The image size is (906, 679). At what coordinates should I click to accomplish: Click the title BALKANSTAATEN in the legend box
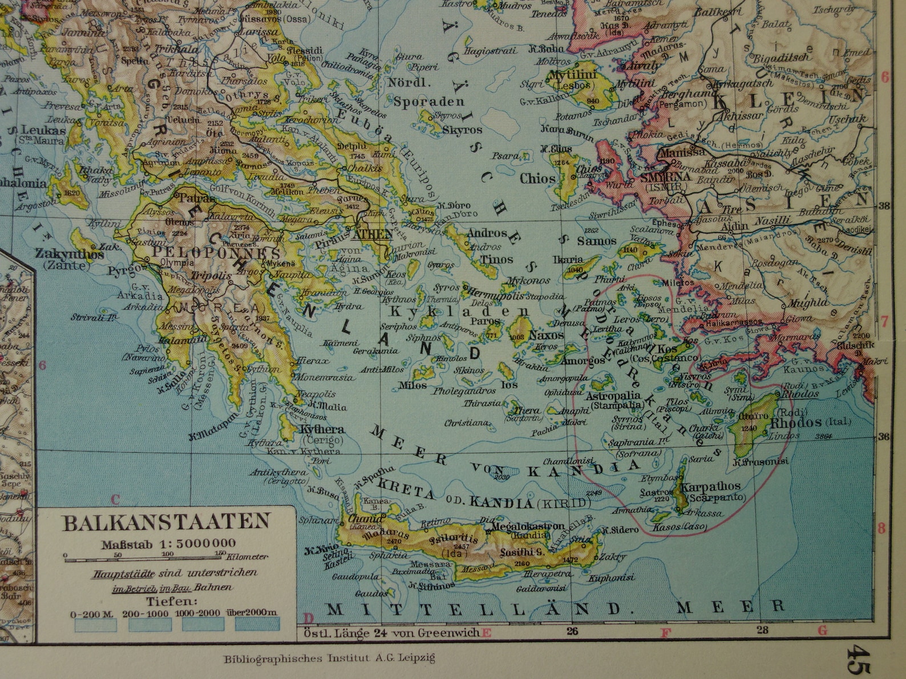pyautogui.click(x=166, y=523)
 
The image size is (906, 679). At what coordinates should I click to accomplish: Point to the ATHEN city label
pyautogui.click(x=373, y=234)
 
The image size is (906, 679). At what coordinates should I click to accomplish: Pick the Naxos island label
pyautogui.click(x=546, y=335)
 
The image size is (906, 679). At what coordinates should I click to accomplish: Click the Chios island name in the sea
pyautogui.click(x=537, y=178)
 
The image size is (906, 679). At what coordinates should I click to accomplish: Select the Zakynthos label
pyautogui.click(x=70, y=254)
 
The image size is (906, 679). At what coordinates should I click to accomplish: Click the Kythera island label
pyautogui.click(x=321, y=429)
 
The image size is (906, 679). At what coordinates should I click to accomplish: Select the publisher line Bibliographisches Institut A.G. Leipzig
pyautogui.click(x=329, y=658)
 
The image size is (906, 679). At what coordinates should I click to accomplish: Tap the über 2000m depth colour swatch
pyautogui.click(x=257, y=625)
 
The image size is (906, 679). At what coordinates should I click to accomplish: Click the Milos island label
pyautogui.click(x=412, y=385)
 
